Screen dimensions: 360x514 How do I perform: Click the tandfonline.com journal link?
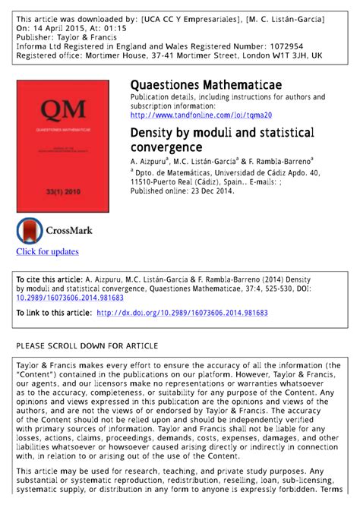point(201,115)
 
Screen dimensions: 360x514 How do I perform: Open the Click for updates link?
point(47,251)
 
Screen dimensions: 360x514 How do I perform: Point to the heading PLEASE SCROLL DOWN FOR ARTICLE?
point(87,345)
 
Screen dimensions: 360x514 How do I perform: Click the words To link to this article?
point(53,312)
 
